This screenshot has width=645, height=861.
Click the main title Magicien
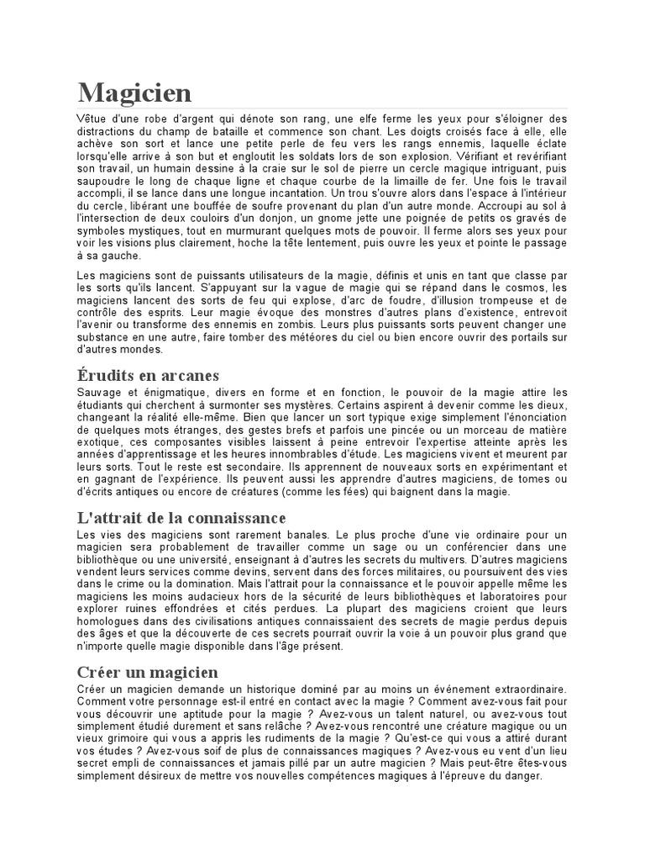tap(134, 92)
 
